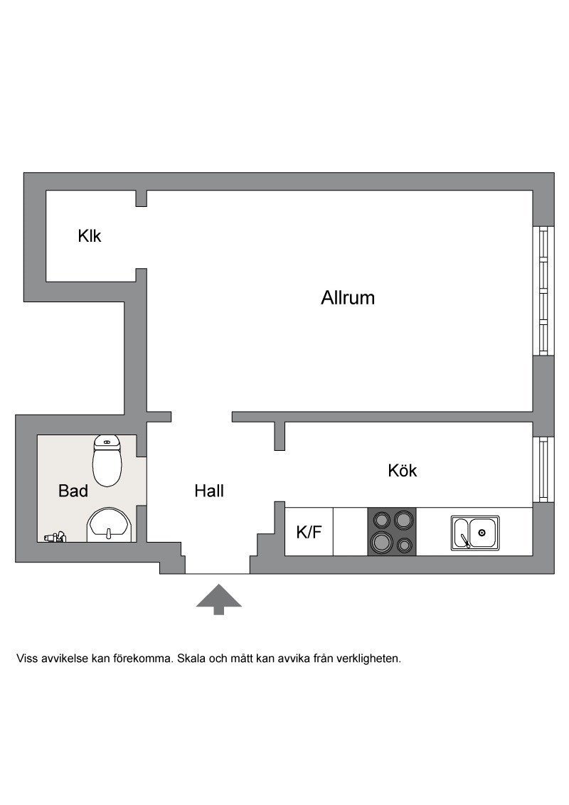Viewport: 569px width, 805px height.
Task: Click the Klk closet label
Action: pyautogui.click(x=90, y=236)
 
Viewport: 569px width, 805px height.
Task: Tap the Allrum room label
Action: pyautogui.click(x=348, y=298)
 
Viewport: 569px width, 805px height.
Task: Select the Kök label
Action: pyautogui.click(x=402, y=470)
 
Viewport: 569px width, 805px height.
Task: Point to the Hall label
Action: pyautogui.click(x=209, y=491)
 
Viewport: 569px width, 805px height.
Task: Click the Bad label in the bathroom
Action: pyautogui.click(x=73, y=491)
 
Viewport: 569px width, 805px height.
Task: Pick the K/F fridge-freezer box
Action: pyautogui.click(x=309, y=531)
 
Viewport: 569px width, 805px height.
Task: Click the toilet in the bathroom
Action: pyautogui.click(x=107, y=461)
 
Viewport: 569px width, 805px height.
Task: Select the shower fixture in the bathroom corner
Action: pyautogui.click(x=55, y=536)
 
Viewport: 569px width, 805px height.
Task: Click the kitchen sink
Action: pyautogui.click(x=475, y=533)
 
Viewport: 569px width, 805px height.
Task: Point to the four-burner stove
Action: pyautogui.click(x=391, y=531)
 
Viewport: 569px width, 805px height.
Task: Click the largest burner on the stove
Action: pyautogui.click(x=381, y=541)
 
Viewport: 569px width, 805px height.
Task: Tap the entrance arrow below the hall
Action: pyautogui.click(x=219, y=599)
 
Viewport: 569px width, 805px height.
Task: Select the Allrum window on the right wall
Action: pyautogui.click(x=543, y=291)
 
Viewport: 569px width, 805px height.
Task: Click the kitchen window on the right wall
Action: pyautogui.click(x=543, y=469)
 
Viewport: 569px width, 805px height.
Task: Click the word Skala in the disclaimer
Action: pyautogui.click(x=192, y=659)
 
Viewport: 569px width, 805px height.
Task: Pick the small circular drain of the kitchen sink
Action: pyautogui.click(x=482, y=533)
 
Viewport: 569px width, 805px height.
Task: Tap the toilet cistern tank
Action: pyautogui.click(x=107, y=440)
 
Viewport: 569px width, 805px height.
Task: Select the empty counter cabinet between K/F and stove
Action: pyautogui.click(x=350, y=531)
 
